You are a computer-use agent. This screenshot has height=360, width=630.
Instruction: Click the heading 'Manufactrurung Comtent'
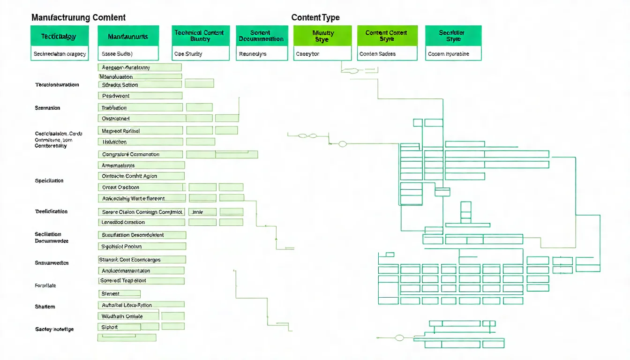(x=78, y=18)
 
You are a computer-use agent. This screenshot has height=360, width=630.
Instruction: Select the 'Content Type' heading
(x=315, y=18)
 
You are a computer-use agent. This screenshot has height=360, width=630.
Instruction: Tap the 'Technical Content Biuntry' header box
(x=200, y=36)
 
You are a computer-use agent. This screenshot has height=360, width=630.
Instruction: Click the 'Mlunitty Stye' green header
(x=322, y=36)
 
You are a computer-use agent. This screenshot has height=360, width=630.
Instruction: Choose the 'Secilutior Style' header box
(x=453, y=36)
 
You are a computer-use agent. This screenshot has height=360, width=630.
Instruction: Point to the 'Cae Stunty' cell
(x=200, y=54)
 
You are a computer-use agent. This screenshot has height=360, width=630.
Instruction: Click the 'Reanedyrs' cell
(x=262, y=54)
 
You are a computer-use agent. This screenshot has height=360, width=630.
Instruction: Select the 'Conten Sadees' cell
(x=387, y=54)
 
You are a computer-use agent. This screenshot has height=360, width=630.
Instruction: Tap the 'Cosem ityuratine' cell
(x=453, y=54)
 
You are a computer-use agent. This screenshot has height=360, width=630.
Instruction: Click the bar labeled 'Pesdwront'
(x=140, y=96)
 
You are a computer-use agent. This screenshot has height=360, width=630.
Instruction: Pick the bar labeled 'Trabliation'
(x=140, y=108)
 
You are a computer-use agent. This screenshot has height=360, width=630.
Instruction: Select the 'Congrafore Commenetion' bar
(x=140, y=154)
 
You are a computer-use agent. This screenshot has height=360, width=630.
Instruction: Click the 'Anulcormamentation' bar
(x=141, y=270)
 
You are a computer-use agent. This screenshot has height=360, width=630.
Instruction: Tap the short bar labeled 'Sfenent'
(x=119, y=294)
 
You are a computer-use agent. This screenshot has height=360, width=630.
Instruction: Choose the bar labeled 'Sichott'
(x=119, y=327)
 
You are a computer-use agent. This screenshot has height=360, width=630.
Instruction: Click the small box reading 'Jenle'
(x=202, y=212)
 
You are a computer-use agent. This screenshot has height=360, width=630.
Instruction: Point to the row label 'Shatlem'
(x=45, y=307)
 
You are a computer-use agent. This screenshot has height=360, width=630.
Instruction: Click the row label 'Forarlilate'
(x=45, y=285)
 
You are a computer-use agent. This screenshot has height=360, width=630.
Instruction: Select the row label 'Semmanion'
(x=47, y=108)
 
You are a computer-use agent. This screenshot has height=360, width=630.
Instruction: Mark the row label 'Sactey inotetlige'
(x=54, y=329)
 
